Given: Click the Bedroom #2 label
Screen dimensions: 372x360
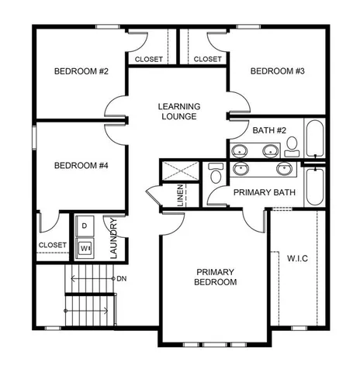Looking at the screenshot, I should click(80, 72).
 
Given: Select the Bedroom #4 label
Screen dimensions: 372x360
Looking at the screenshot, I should click(80, 165).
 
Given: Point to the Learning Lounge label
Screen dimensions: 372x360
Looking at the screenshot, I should click(179, 111).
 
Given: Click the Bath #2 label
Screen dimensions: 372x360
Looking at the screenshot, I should click(268, 129).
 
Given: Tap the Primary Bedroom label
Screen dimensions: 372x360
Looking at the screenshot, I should click(216, 277).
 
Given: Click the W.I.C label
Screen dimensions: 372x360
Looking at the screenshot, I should click(298, 257).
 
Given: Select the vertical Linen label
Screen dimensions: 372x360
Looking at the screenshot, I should click(180, 195).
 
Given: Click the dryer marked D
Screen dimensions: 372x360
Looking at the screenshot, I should click(84, 226).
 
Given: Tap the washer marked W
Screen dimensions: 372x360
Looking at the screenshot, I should click(84, 248).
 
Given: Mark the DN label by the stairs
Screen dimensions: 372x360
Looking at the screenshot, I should click(121, 277).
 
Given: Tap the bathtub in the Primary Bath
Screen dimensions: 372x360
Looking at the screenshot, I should click(317, 186).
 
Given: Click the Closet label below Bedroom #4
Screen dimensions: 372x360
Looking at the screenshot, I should click(52, 246).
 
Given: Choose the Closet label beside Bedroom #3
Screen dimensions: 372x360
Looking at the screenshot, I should click(207, 59).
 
